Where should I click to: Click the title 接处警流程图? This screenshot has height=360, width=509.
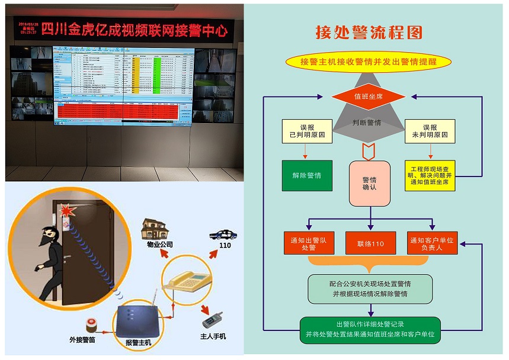pos(369,32)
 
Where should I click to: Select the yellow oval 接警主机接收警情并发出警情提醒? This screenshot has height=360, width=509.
pos(368,62)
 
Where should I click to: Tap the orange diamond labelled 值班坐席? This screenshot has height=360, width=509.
pos(368,96)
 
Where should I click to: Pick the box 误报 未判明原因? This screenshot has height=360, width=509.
pos(430,131)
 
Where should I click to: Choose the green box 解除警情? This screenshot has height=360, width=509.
pos(307,175)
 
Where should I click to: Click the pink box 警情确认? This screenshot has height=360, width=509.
pos(369,184)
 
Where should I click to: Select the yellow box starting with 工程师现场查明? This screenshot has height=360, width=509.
pos(430,175)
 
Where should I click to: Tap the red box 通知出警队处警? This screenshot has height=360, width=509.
pos(309,244)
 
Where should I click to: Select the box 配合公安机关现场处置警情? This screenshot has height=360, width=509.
pos(370,288)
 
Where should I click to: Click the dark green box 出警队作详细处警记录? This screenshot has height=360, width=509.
pos(370,329)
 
